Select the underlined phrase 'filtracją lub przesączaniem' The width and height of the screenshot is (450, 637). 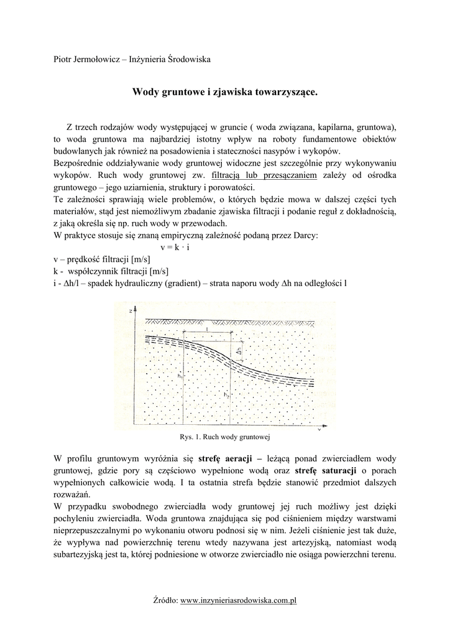264,176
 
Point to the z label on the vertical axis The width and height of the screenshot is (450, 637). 129,309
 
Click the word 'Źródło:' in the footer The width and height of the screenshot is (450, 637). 165,600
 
